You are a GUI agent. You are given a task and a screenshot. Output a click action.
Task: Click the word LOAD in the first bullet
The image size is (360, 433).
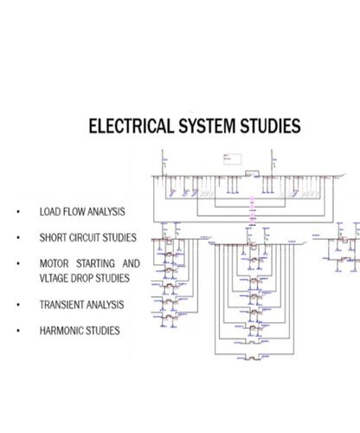[49, 211]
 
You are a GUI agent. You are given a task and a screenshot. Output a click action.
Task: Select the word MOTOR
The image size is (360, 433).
[55, 263]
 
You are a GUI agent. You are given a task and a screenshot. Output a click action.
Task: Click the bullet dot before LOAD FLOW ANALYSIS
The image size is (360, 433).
[16, 211]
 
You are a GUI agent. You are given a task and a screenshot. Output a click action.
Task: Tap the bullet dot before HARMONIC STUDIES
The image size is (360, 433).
[16, 331]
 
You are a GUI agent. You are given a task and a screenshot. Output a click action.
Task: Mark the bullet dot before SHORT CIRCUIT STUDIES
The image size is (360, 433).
[16, 237]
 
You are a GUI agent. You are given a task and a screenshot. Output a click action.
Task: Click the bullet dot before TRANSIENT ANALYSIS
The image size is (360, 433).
[16, 305]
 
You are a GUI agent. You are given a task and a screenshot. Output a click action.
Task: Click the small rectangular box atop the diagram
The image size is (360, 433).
[231, 158]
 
